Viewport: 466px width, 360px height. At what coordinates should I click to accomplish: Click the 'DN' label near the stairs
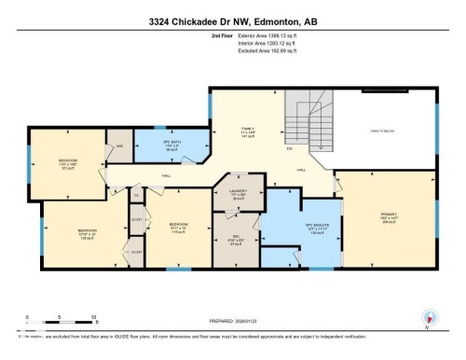click(290, 149)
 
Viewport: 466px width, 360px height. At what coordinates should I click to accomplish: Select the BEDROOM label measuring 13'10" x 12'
click(87, 231)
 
